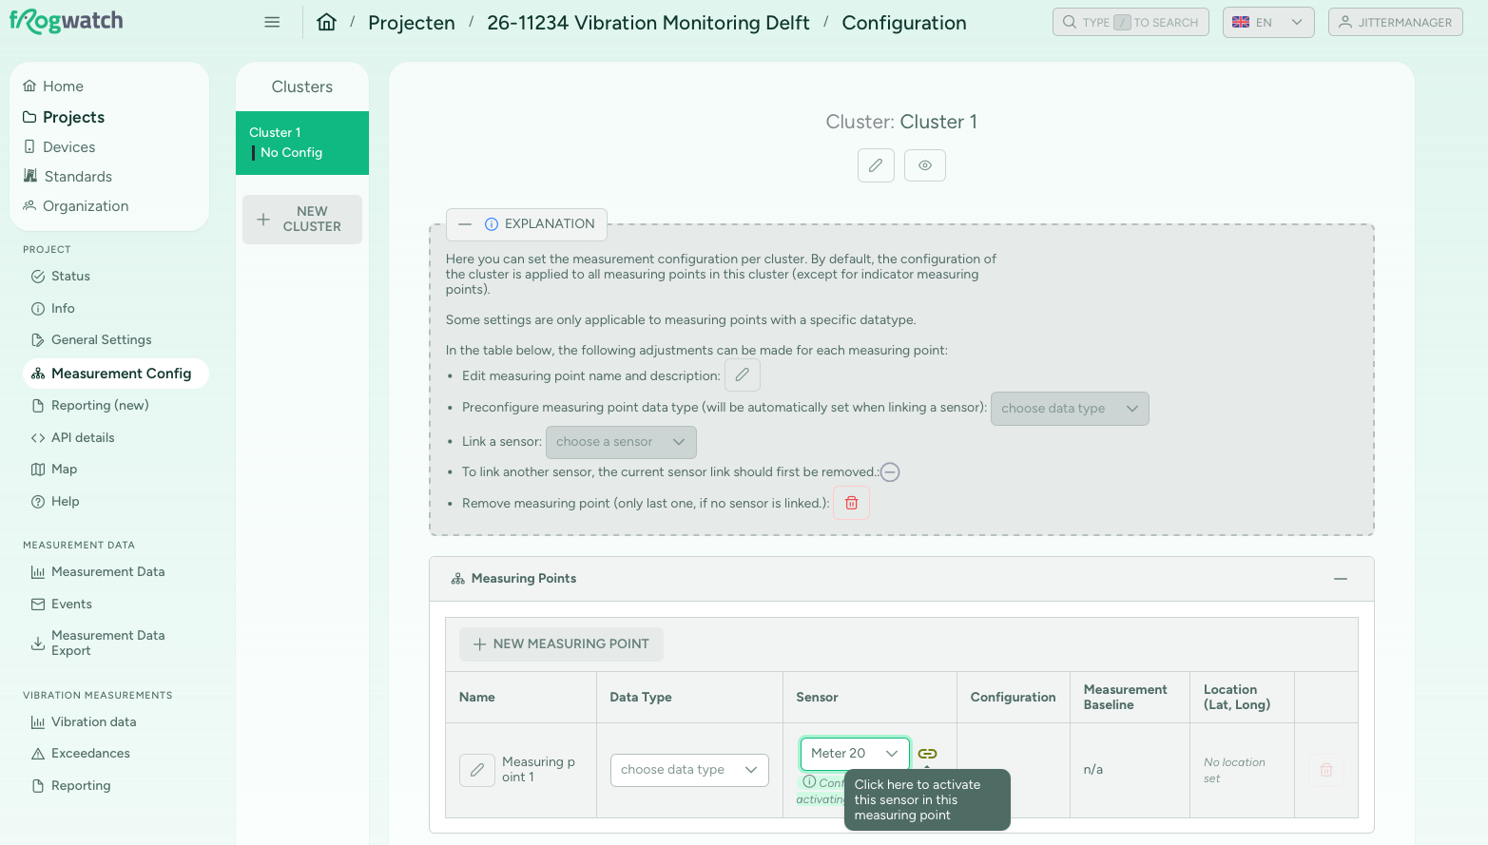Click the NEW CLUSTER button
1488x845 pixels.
pyautogui.click(x=301, y=219)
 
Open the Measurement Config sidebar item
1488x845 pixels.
pyautogui.click(x=116, y=374)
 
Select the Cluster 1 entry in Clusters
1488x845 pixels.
pyautogui.click(x=301, y=143)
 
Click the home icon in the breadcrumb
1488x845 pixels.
pyautogui.click(x=326, y=23)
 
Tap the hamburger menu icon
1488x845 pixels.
pyautogui.click(x=272, y=22)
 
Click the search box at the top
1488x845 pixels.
pyautogui.click(x=1130, y=22)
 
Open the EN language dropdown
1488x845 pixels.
pyautogui.click(x=1268, y=22)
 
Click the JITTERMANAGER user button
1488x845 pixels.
pyautogui.click(x=1395, y=22)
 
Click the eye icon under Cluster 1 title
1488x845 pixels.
pyautogui.click(x=925, y=165)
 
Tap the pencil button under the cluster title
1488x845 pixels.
pyautogui.click(x=876, y=165)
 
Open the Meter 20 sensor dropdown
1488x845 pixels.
pyautogui.click(x=854, y=754)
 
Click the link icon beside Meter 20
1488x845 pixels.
pyautogui.click(x=927, y=754)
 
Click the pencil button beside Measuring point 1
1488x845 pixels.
pyautogui.click(x=477, y=770)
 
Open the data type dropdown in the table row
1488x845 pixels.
pyautogui.click(x=689, y=770)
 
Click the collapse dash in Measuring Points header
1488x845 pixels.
pyautogui.click(x=1341, y=579)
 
